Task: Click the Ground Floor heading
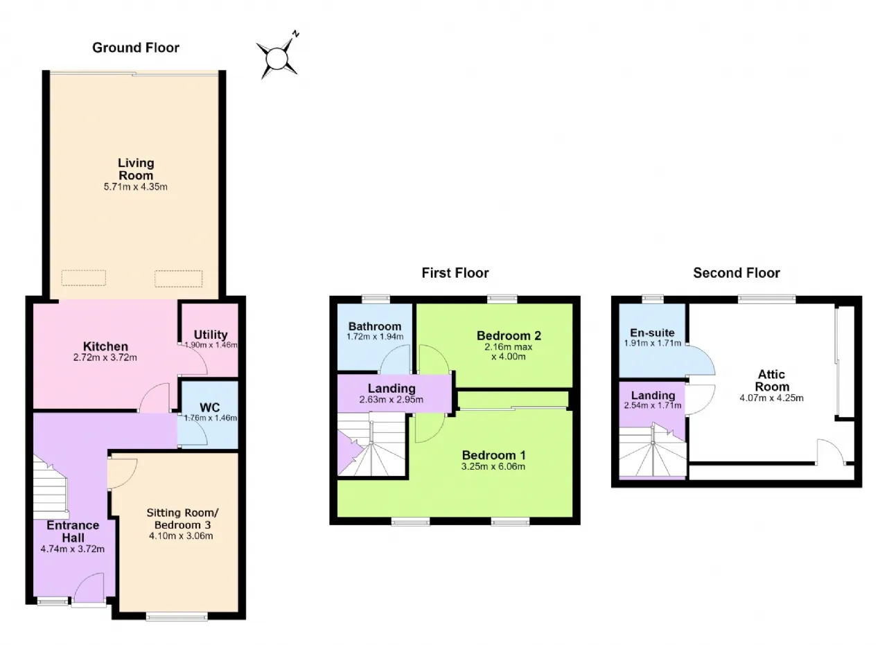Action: pyautogui.click(x=135, y=48)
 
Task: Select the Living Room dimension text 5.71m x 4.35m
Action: pyautogui.click(x=135, y=187)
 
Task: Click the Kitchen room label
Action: pyautogui.click(x=105, y=346)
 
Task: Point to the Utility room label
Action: pyautogui.click(x=210, y=335)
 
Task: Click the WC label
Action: pyautogui.click(x=209, y=407)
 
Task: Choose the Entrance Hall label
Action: pyautogui.click(x=73, y=531)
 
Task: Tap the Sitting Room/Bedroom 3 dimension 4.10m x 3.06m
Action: pyautogui.click(x=181, y=536)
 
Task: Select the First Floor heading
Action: pyautogui.click(x=455, y=273)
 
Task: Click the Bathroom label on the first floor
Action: pyautogui.click(x=375, y=326)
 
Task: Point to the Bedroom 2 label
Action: pyautogui.click(x=509, y=336)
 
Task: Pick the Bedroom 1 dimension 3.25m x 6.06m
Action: pyautogui.click(x=493, y=466)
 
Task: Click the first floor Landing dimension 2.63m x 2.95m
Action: pyautogui.click(x=392, y=400)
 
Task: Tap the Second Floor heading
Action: pyautogui.click(x=736, y=273)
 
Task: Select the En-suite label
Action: pyautogui.click(x=652, y=333)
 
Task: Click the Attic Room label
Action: pyautogui.click(x=772, y=380)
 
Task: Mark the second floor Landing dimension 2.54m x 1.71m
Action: pyautogui.click(x=653, y=405)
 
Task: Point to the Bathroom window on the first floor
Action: pyautogui.click(x=376, y=299)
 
